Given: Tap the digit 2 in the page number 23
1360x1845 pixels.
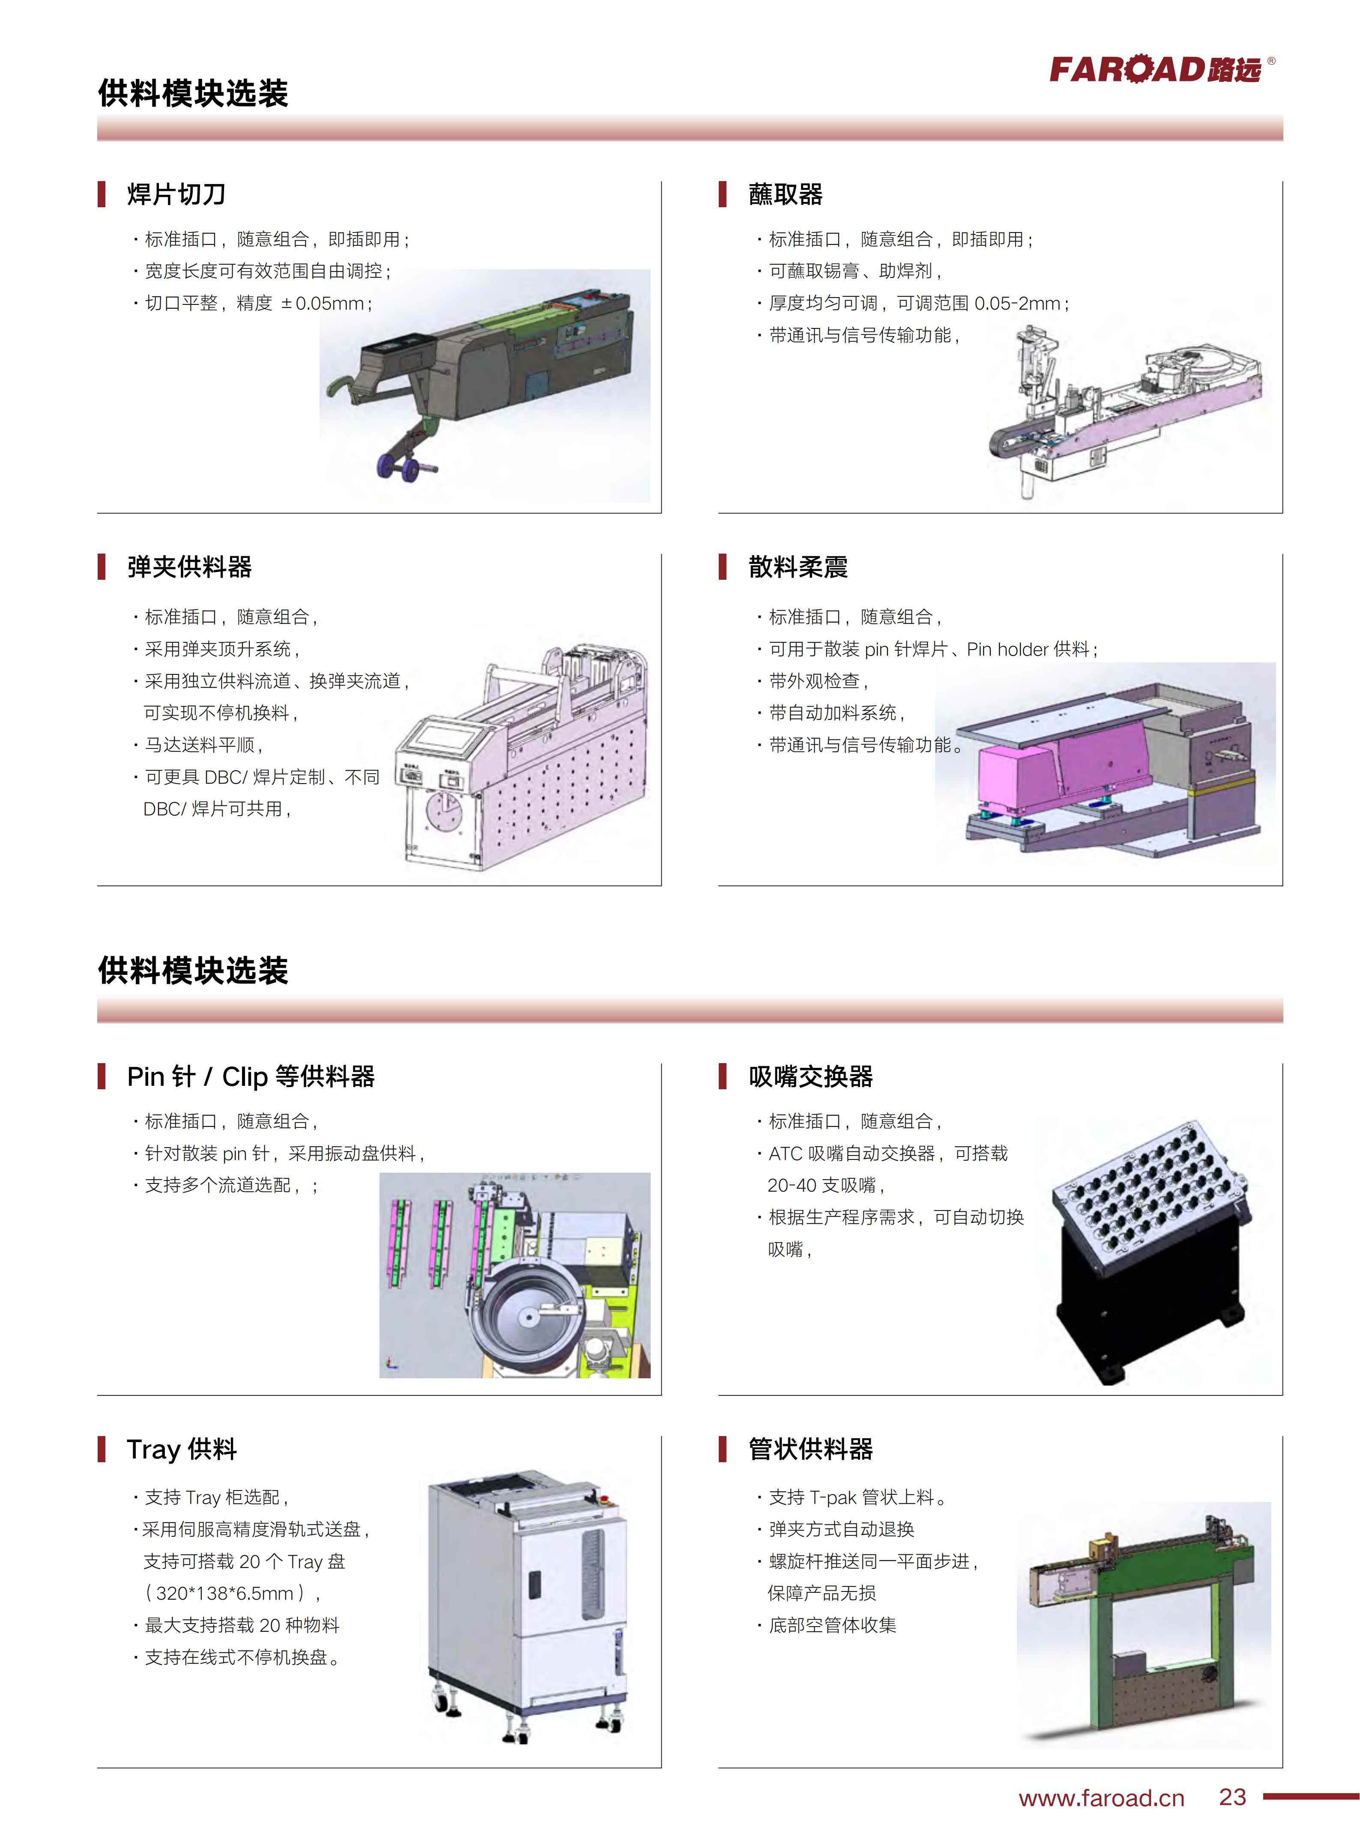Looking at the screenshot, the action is point(1226,1797).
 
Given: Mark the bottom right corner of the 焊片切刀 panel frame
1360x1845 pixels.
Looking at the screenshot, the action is point(661,513).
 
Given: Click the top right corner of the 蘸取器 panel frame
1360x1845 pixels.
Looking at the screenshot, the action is point(1282,182).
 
